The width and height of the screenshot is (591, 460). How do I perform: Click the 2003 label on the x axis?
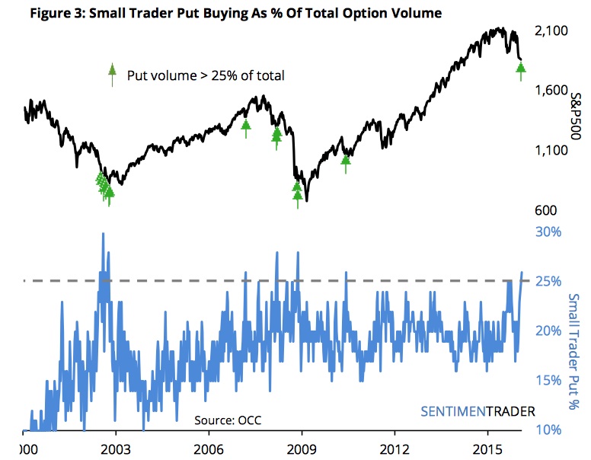116,449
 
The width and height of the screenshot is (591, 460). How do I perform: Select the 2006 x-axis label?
209,449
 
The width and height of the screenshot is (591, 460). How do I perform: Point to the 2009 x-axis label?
302,449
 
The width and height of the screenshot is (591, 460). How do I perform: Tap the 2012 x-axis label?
395,449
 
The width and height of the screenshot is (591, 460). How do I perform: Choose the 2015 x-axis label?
487,449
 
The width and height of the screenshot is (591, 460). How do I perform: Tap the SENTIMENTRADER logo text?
478,410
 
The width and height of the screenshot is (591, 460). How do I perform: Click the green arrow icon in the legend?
113,75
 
